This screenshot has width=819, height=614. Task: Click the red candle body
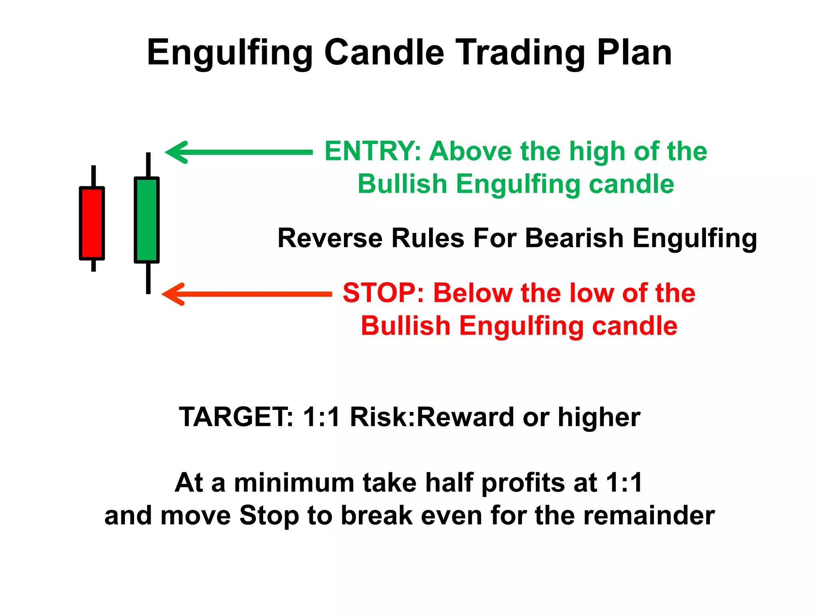point(92,223)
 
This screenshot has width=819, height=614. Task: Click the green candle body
point(147,220)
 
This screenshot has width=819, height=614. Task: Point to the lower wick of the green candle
point(148,278)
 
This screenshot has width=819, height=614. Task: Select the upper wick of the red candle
point(94,176)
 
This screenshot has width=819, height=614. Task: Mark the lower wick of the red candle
point(94,266)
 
